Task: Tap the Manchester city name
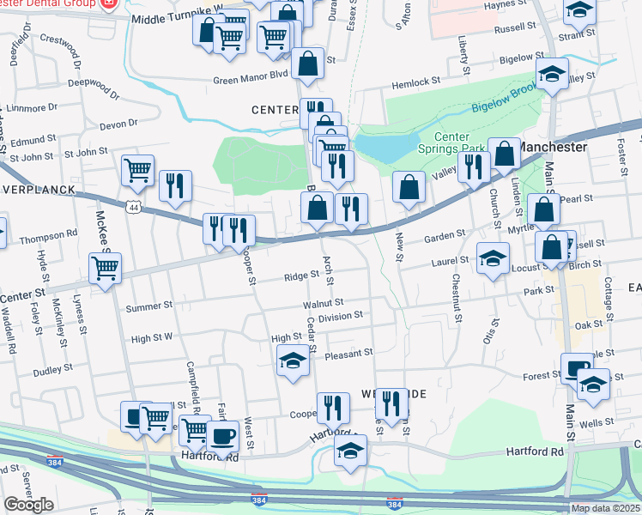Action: pos(554,147)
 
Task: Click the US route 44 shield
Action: pos(131,208)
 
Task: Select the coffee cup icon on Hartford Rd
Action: pos(223,436)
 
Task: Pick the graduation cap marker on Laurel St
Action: pos(493,257)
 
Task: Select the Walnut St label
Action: pos(323,303)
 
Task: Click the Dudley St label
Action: pos(53,370)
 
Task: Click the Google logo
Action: pos(27,506)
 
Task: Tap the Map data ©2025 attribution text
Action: pos(605,508)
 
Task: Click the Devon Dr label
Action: pos(118,124)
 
